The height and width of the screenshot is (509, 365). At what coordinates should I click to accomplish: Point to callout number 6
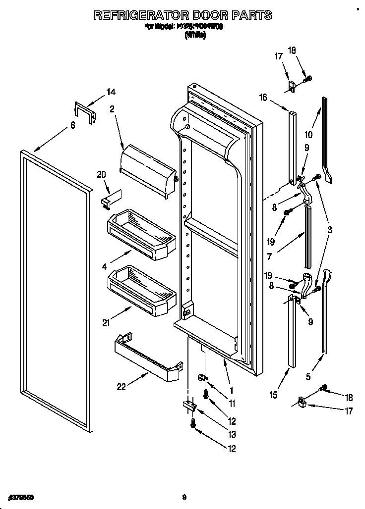72,126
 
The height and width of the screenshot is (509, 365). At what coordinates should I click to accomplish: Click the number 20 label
102,174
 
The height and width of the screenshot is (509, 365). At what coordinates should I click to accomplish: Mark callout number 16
263,98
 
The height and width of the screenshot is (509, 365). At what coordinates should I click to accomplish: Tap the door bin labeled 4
141,233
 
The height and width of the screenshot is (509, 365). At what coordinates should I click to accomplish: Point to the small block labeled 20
109,199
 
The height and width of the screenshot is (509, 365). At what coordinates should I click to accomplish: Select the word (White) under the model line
194,36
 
